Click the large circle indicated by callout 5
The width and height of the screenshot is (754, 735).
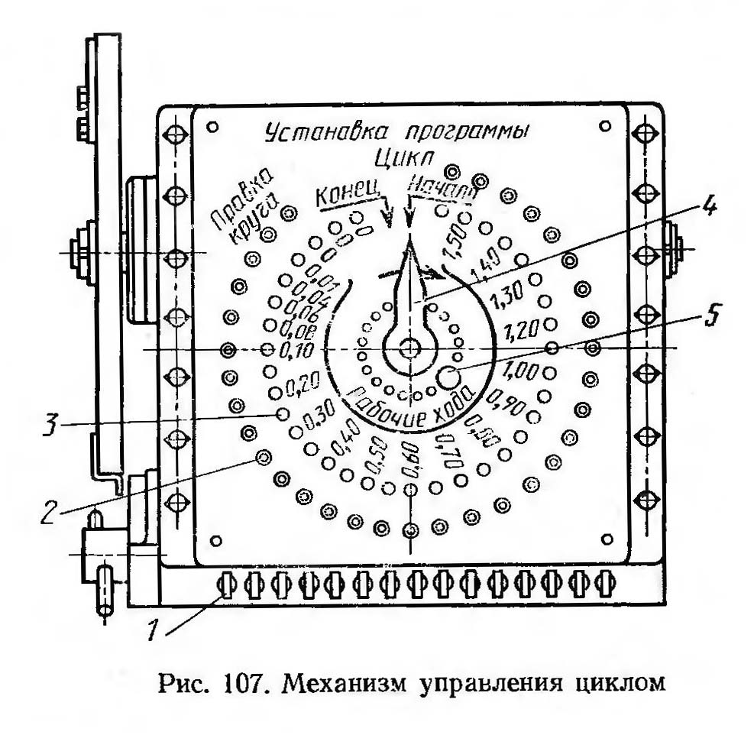click(448, 375)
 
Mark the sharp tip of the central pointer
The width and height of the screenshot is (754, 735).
click(411, 238)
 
